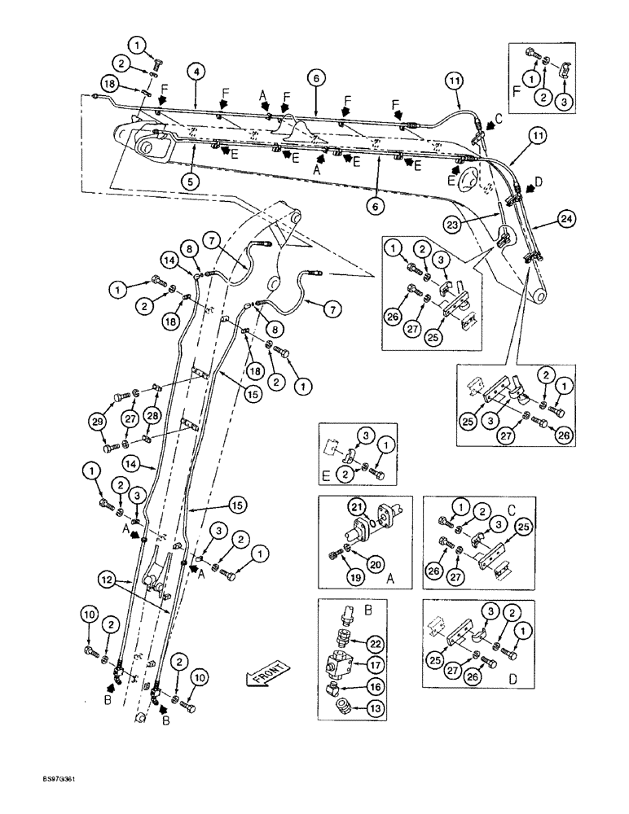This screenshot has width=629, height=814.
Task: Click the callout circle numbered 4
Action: [x=196, y=71]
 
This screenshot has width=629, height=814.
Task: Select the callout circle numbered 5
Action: [x=190, y=182]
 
